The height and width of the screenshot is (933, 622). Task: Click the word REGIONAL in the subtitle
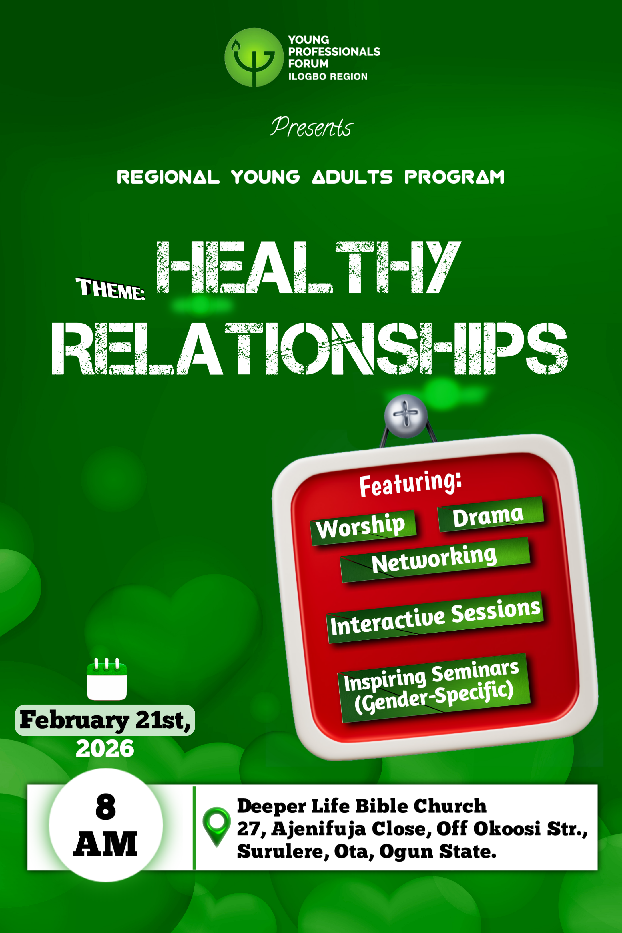click(x=168, y=177)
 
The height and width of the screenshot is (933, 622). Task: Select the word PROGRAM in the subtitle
click(x=454, y=177)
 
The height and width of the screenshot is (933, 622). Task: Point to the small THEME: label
click(x=110, y=289)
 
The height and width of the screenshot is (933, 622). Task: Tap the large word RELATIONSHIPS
click(x=309, y=348)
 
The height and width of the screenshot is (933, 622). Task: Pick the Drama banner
click(x=490, y=515)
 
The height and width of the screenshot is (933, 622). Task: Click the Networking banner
click(x=435, y=560)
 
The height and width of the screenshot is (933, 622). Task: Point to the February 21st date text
click(x=105, y=720)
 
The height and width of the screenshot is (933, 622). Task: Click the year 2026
click(x=105, y=749)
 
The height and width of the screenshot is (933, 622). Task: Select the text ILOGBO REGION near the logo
click(x=328, y=77)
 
